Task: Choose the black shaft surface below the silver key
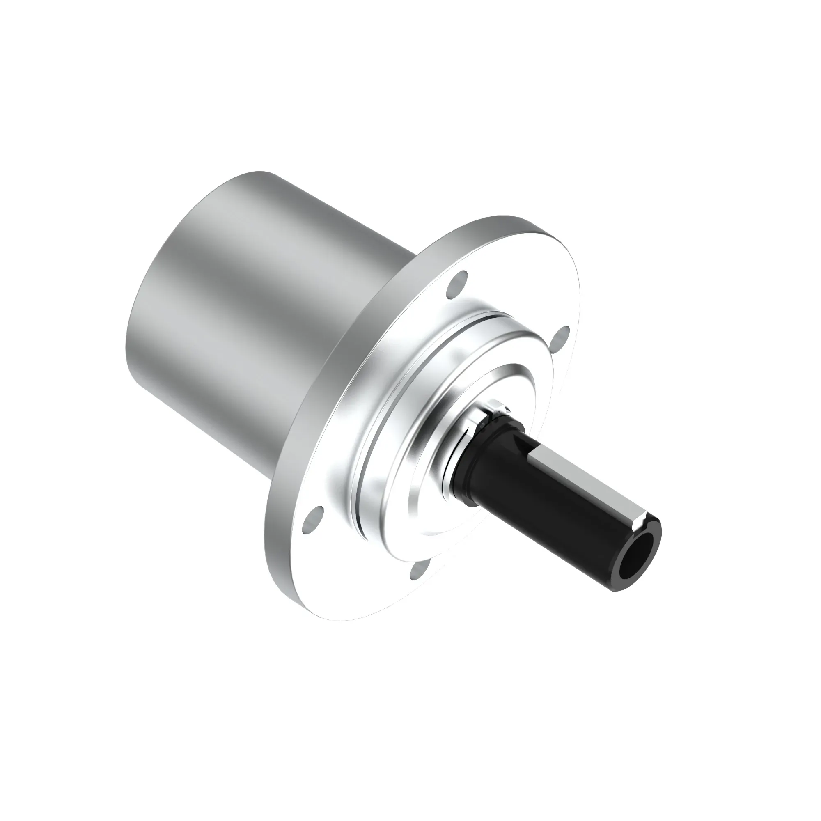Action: point(565,527)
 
